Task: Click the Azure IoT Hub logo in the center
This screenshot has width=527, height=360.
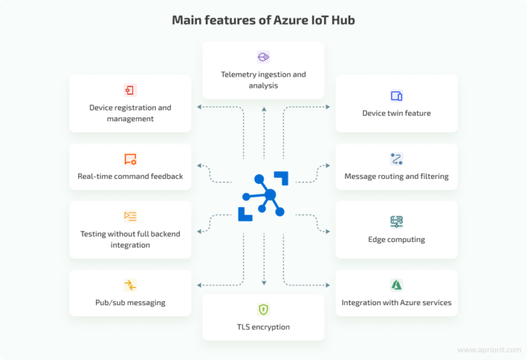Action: pyautogui.click(x=263, y=196)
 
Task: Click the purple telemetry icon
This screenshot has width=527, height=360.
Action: pyautogui.click(x=263, y=57)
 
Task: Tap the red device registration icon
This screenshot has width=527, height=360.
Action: pyautogui.click(x=130, y=90)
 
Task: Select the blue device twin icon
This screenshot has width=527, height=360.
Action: pyautogui.click(x=397, y=96)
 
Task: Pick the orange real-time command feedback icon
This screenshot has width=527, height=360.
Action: pyautogui.click(x=130, y=159)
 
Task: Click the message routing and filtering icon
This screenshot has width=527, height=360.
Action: pyautogui.click(x=397, y=159)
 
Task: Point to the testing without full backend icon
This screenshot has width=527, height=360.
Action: pyautogui.click(x=130, y=216)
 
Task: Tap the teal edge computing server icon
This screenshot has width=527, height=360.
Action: pyautogui.click(x=397, y=221)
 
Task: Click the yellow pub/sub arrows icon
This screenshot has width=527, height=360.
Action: pyautogui.click(x=130, y=285)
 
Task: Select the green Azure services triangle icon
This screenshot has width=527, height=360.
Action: pyautogui.click(x=397, y=285)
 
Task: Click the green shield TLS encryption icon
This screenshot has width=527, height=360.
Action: pyautogui.click(x=263, y=309)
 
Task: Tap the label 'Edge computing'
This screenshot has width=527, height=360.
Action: pyautogui.click(x=397, y=239)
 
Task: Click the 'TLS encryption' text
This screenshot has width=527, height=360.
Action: pyautogui.click(x=263, y=327)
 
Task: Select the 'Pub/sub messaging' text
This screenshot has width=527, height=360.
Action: pyautogui.click(x=130, y=303)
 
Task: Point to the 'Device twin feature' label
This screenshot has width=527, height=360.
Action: pyautogui.click(x=397, y=113)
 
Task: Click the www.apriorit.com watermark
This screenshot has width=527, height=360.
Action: pyautogui.click(x=489, y=350)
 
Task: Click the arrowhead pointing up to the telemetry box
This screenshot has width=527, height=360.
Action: pyautogui.click(x=264, y=109)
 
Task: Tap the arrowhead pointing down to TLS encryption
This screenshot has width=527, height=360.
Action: pyautogui.click(x=264, y=283)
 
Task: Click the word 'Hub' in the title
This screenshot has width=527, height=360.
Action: pyautogui.click(x=343, y=20)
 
